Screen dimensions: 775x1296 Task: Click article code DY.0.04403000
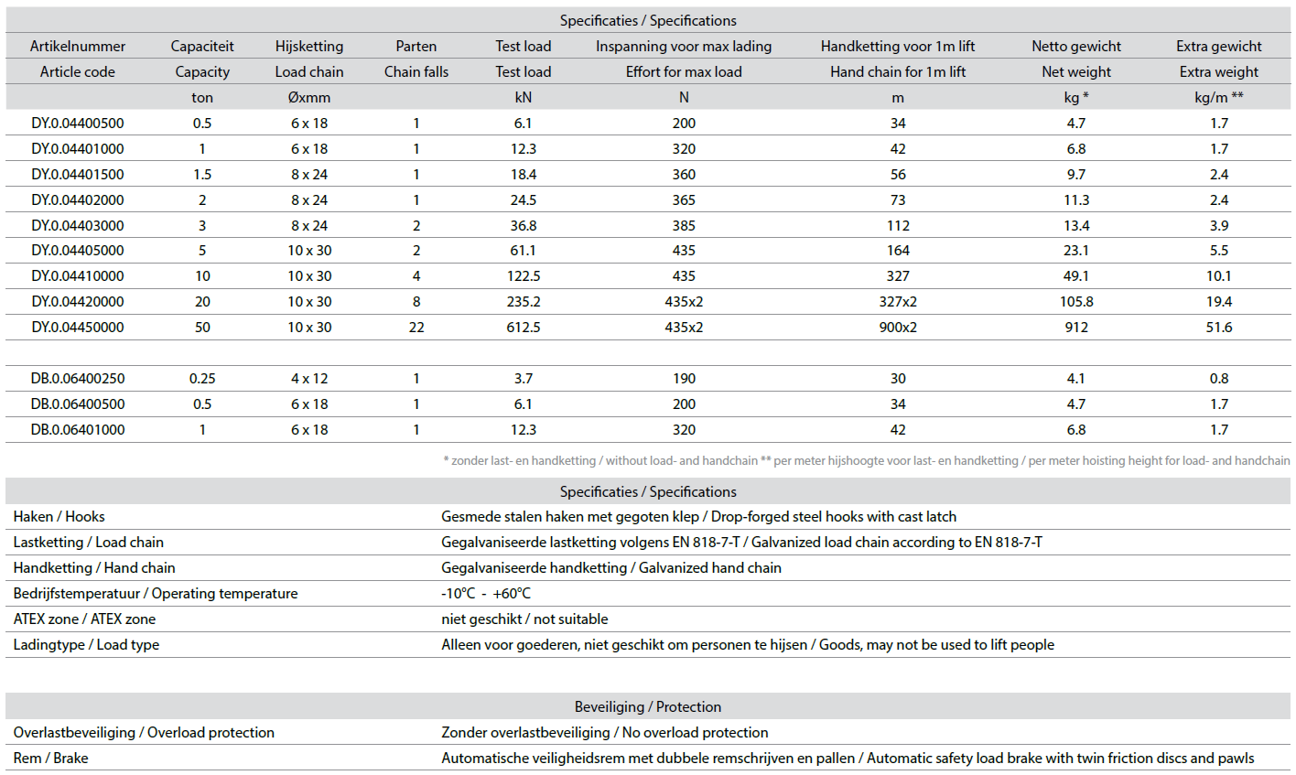click(x=78, y=225)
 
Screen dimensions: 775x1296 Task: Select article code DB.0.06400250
click(x=78, y=378)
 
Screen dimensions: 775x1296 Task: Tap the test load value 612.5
click(x=524, y=327)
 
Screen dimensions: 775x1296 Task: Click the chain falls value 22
click(x=416, y=327)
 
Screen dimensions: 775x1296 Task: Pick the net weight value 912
click(x=1076, y=327)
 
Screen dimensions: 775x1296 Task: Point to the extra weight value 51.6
click(x=1219, y=327)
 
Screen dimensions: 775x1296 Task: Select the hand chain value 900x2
click(x=898, y=327)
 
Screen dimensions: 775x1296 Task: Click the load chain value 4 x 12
click(x=309, y=378)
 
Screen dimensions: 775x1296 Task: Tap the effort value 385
click(x=684, y=225)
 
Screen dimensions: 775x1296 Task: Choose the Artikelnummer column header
click(x=78, y=46)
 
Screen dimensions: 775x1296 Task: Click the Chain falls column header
click(x=416, y=71)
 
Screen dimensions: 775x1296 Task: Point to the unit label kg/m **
click(x=1219, y=97)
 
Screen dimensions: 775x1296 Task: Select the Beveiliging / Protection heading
click(x=648, y=706)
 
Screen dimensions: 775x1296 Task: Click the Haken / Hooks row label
click(x=59, y=517)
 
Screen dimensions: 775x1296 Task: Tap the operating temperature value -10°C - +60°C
click(x=486, y=593)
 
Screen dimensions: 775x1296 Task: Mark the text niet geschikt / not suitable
click(x=524, y=619)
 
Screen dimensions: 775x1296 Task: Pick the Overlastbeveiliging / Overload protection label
click(x=144, y=732)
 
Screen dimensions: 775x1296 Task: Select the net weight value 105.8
click(x=1076, y=301)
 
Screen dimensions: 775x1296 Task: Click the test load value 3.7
click(x=524, y=378)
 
